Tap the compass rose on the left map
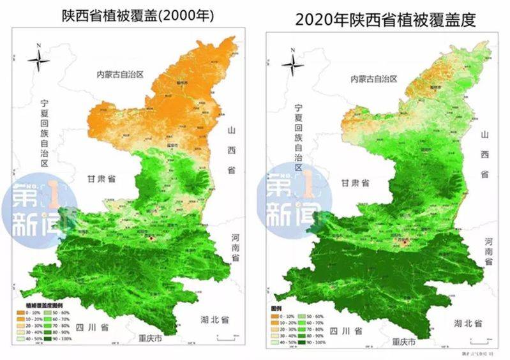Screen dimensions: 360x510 pos(40,61)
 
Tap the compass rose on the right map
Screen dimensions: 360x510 pos(293,64)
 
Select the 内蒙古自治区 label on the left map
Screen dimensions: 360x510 pos(118,74)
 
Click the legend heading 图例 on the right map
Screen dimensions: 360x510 pos(276,308)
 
